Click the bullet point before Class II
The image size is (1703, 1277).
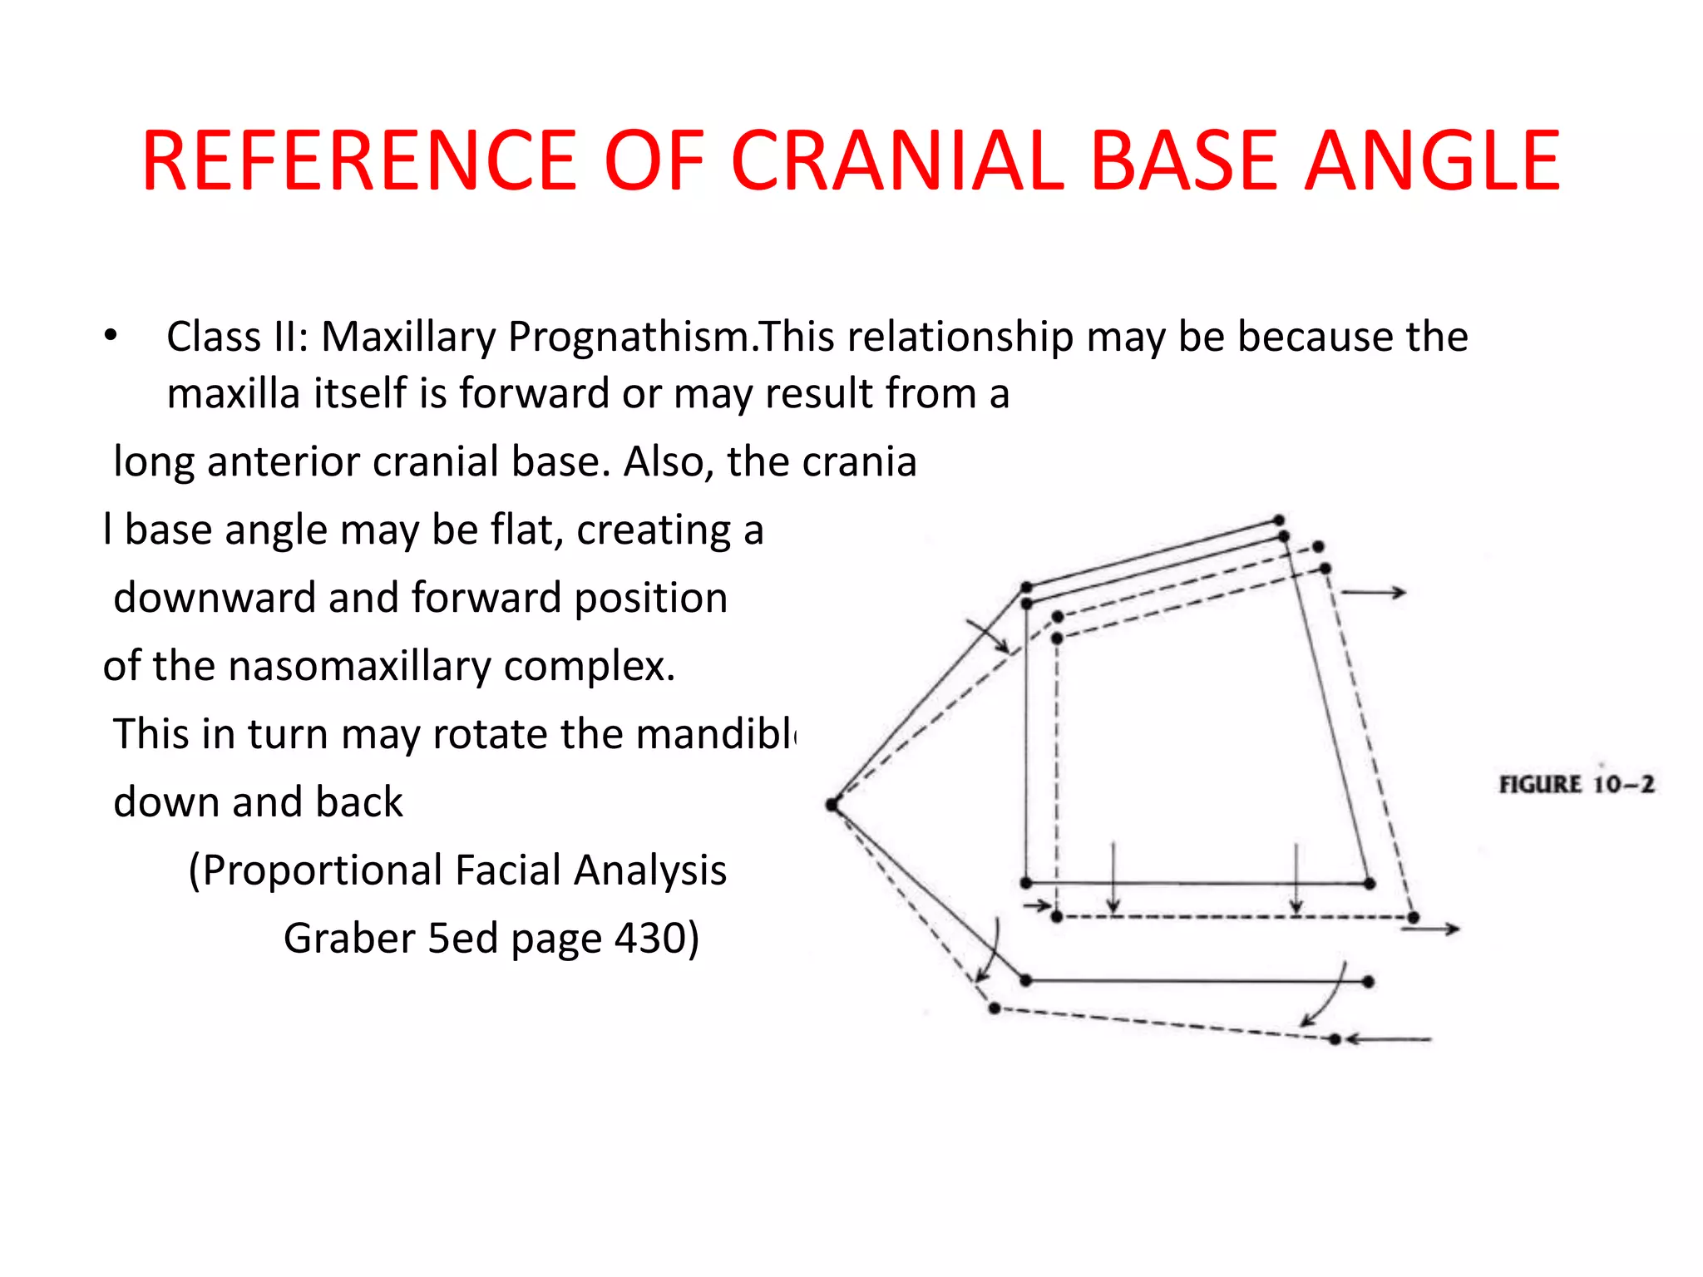click(111, 337)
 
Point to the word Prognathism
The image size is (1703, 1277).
click(629, 337)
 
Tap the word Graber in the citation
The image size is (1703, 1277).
click(349, 939)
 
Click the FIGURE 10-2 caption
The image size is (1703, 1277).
click(1576, 784)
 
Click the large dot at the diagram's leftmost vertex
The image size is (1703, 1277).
click(832, 804)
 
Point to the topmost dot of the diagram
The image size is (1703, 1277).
click(1279, 520)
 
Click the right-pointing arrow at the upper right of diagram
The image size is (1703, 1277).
click(1374, 593)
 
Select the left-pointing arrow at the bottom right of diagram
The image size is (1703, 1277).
click(1389, 1039)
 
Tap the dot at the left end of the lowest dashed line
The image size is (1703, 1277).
click(995, 1008)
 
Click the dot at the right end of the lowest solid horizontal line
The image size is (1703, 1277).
click(1369, 982)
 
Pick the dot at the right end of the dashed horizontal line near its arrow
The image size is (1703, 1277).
click(1414, 918)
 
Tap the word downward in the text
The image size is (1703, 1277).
click(214, 598)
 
